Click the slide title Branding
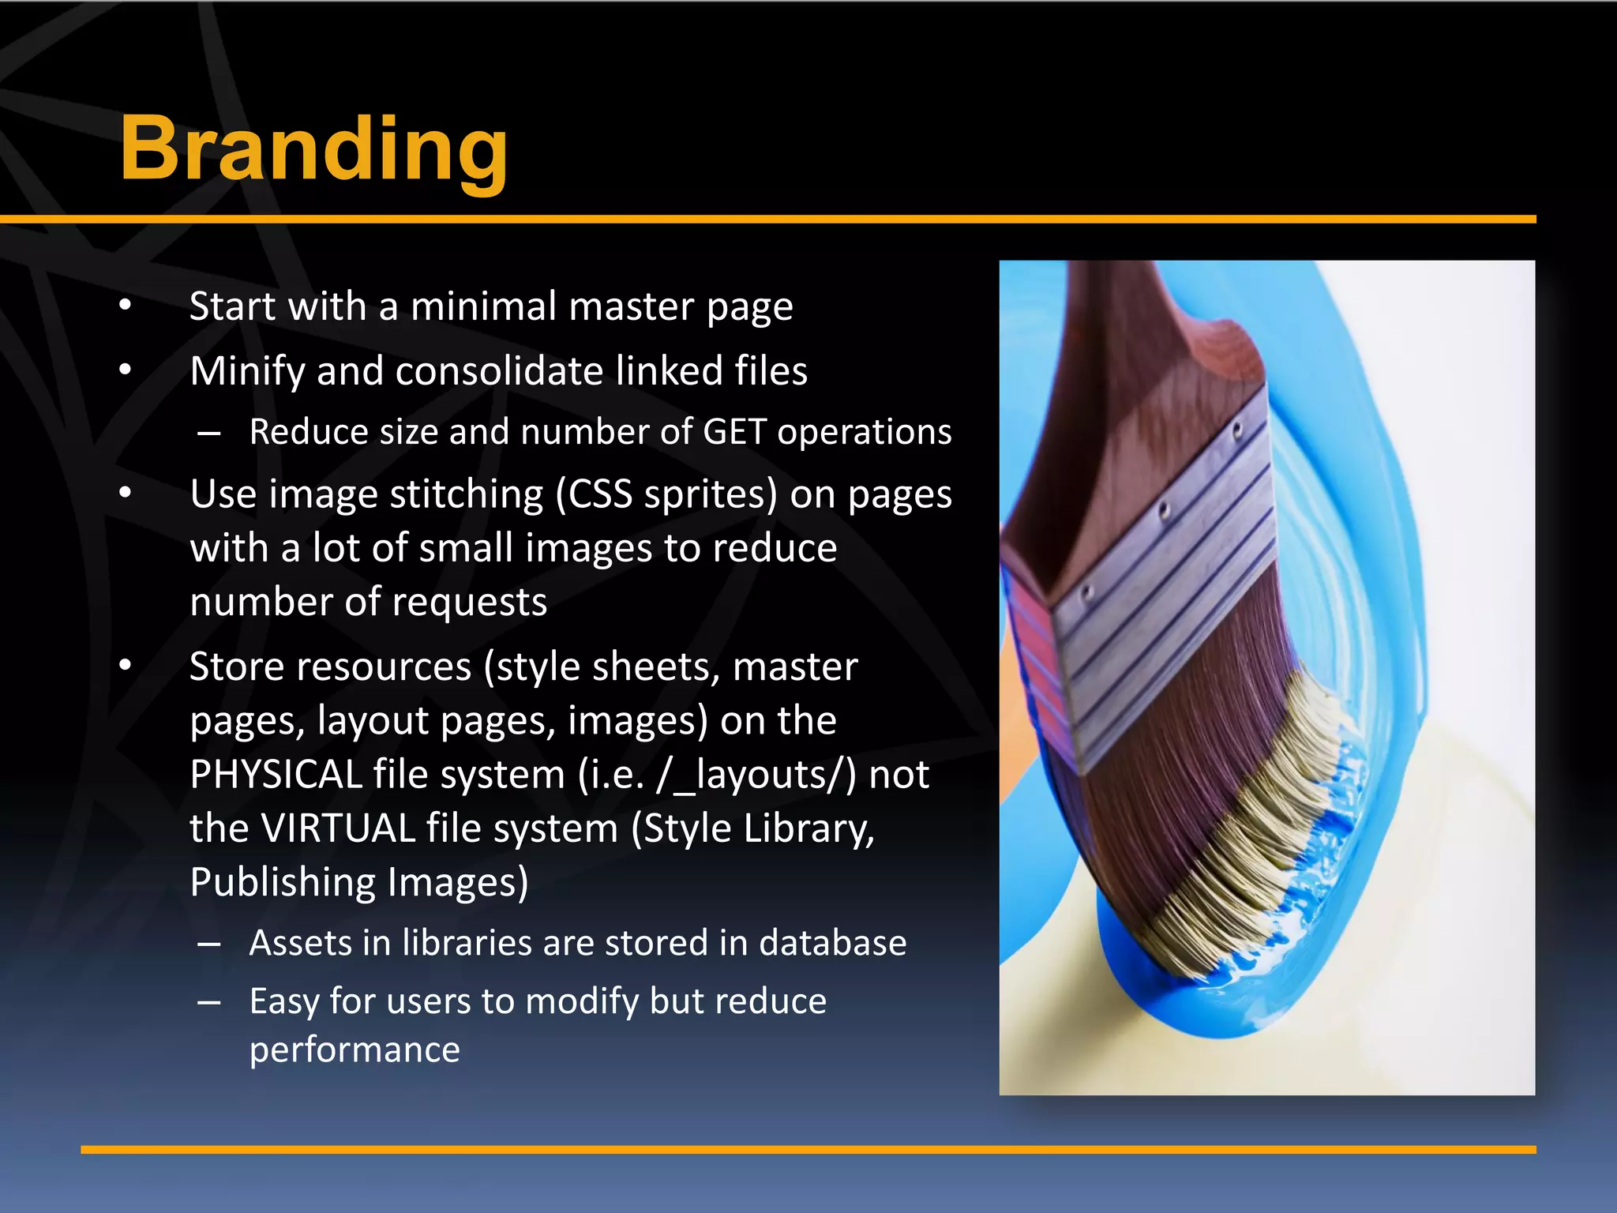313,149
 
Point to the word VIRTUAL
338,828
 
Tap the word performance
355,1050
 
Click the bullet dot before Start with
125,306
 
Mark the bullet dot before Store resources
125,667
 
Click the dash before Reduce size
209,433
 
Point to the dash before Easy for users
209,1002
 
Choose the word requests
469,603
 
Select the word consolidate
499,371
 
